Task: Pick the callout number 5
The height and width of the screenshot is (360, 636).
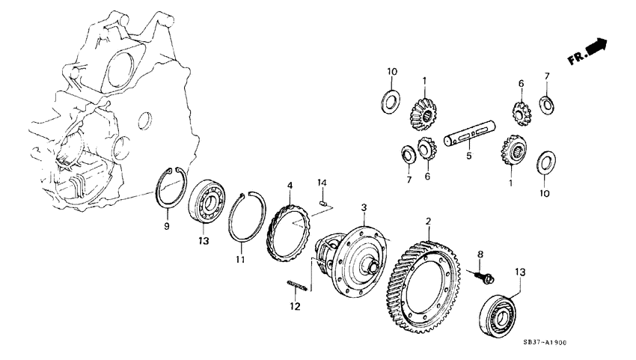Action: coord(470,157)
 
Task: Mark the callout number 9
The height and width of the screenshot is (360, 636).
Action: coord(167,225)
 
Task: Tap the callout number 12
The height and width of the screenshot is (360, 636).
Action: coord(295,307)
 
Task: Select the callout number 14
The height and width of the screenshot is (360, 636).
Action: coord(320,183)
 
